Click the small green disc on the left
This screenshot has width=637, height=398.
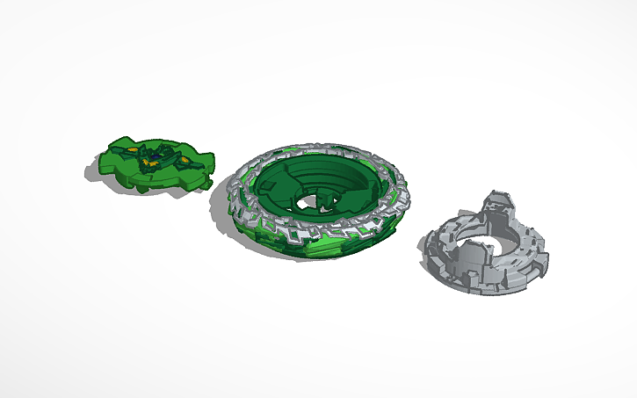tap(149, 167)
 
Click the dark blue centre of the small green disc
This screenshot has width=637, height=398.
tap(156, 158)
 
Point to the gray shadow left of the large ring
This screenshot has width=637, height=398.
tap(216, 211)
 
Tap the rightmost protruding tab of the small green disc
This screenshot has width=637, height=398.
tap(208, 167)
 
